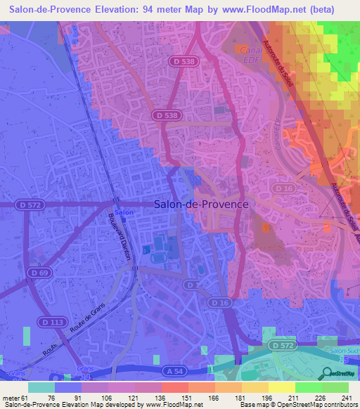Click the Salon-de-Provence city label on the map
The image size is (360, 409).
point(201,204)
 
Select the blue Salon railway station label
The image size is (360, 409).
point(124,212)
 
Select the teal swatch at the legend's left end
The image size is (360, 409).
point(41,387)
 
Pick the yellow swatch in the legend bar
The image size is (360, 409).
point(281,387)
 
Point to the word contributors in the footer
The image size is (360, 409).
point(338,405)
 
